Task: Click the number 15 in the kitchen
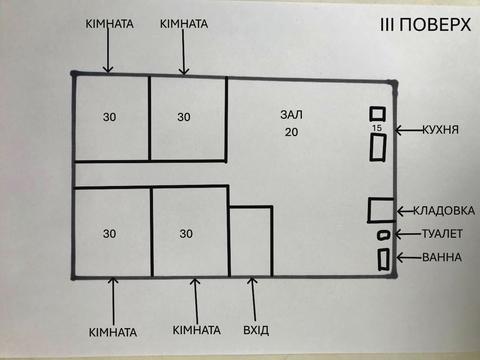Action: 376,129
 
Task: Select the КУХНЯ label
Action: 441,130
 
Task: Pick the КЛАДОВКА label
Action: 438,211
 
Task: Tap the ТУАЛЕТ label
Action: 441,234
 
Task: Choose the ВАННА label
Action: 441,257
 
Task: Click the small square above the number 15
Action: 377,114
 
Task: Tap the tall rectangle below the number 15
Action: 378,149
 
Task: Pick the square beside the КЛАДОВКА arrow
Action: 379,211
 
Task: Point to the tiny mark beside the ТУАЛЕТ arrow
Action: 382,235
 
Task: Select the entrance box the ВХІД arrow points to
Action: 250,241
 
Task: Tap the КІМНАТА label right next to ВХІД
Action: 196,330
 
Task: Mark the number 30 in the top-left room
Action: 110,117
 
